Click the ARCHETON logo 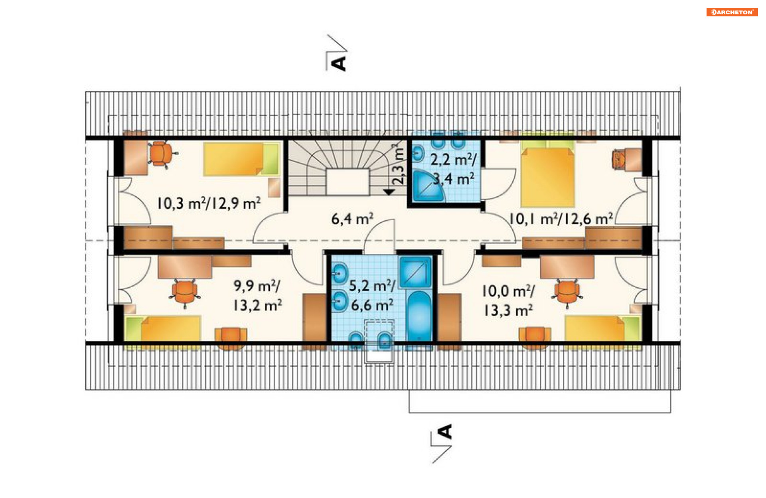tap(732, 12)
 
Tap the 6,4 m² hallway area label tap(352, 219)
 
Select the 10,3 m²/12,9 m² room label tap(209, 203)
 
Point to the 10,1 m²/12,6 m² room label tap(561, 219)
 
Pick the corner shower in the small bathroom tap(427, 186)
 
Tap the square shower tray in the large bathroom tap(415, 272)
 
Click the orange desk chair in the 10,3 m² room tap(161, 153)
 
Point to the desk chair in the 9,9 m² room tap(185, 292)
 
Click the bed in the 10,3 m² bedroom tap(241, 159)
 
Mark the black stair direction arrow tap(389, 192)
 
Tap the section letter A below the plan tap(445, 432)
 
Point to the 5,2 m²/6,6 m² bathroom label tap(372, 295)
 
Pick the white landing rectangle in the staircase tap(347, 182)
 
